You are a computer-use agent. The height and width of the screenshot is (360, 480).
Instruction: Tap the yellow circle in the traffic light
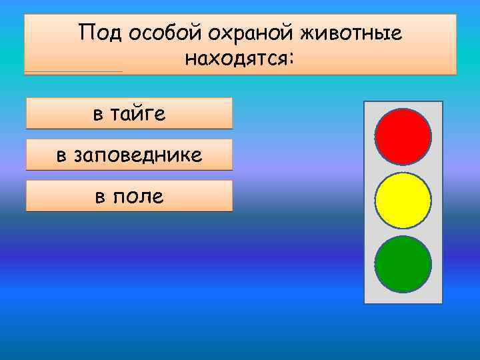point(403,200)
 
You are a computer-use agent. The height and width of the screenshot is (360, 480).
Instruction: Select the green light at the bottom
point(403,264)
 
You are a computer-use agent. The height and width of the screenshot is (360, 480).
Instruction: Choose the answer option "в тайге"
point(129,113)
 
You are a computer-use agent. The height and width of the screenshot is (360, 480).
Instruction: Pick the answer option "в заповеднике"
point(129,155)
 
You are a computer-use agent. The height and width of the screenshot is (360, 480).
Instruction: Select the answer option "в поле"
point(129,196)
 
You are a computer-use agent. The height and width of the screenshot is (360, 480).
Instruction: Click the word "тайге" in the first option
point(140,113)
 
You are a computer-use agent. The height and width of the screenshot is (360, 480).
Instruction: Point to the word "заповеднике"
point(139,155)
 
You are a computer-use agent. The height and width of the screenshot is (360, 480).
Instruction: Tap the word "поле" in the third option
point(139,197)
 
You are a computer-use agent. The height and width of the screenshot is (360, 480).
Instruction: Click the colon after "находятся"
point(289,60)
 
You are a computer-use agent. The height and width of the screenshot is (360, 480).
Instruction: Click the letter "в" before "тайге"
point(98,114)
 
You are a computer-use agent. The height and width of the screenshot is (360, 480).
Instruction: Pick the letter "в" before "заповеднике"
point(61,156)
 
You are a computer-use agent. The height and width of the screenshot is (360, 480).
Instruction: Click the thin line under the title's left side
point(73,71)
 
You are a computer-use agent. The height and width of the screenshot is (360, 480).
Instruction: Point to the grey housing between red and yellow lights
point(403,169)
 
